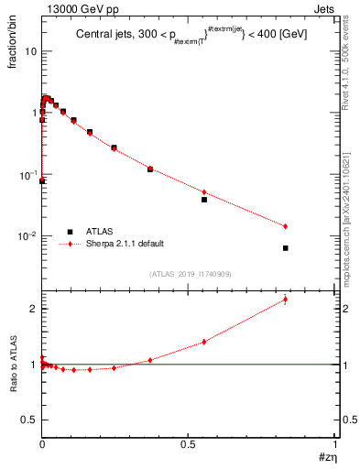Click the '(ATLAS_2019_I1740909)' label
pyautogui.click(x=190, y=274)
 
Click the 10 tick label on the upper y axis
pyautogui.click(x=30, y=51)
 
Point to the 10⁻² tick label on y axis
pyautogui.click(x=27, y=236)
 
